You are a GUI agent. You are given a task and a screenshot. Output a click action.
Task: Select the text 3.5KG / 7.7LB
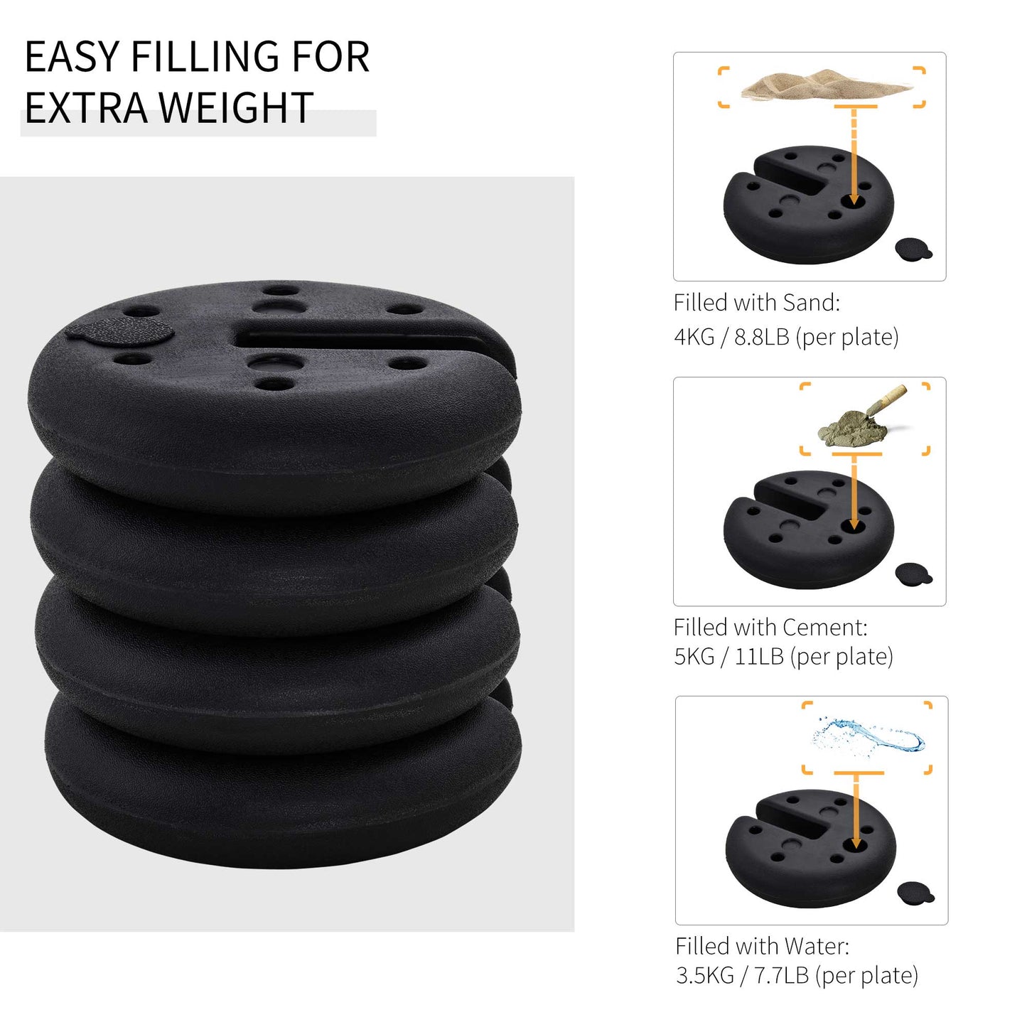742,975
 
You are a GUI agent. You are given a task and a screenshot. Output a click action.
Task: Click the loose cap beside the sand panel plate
913,248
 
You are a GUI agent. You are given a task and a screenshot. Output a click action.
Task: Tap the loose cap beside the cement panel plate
913,574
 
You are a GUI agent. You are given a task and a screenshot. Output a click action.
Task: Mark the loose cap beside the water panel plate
915,892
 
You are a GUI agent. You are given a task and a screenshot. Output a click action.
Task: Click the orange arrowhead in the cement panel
854,525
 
